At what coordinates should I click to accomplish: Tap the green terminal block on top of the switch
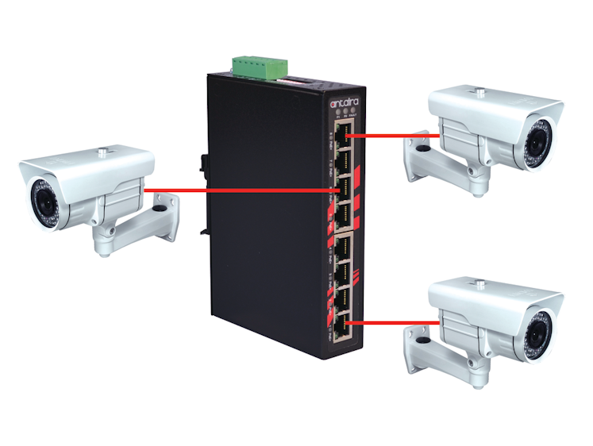point(257,67)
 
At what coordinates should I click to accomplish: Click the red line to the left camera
point(238,190)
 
